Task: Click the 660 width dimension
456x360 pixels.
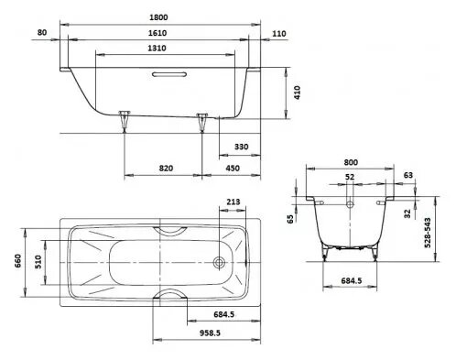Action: pyautogui.click(x=16, y=261)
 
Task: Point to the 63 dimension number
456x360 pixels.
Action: pyautogui.click(x=407, y=174)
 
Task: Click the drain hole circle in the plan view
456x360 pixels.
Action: pyautogui.click(x=218, y=261)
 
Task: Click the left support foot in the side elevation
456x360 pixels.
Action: pyautogui.click(x=125, y=120)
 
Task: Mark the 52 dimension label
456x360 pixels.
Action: pyautogui.click(x=351, y=176)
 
